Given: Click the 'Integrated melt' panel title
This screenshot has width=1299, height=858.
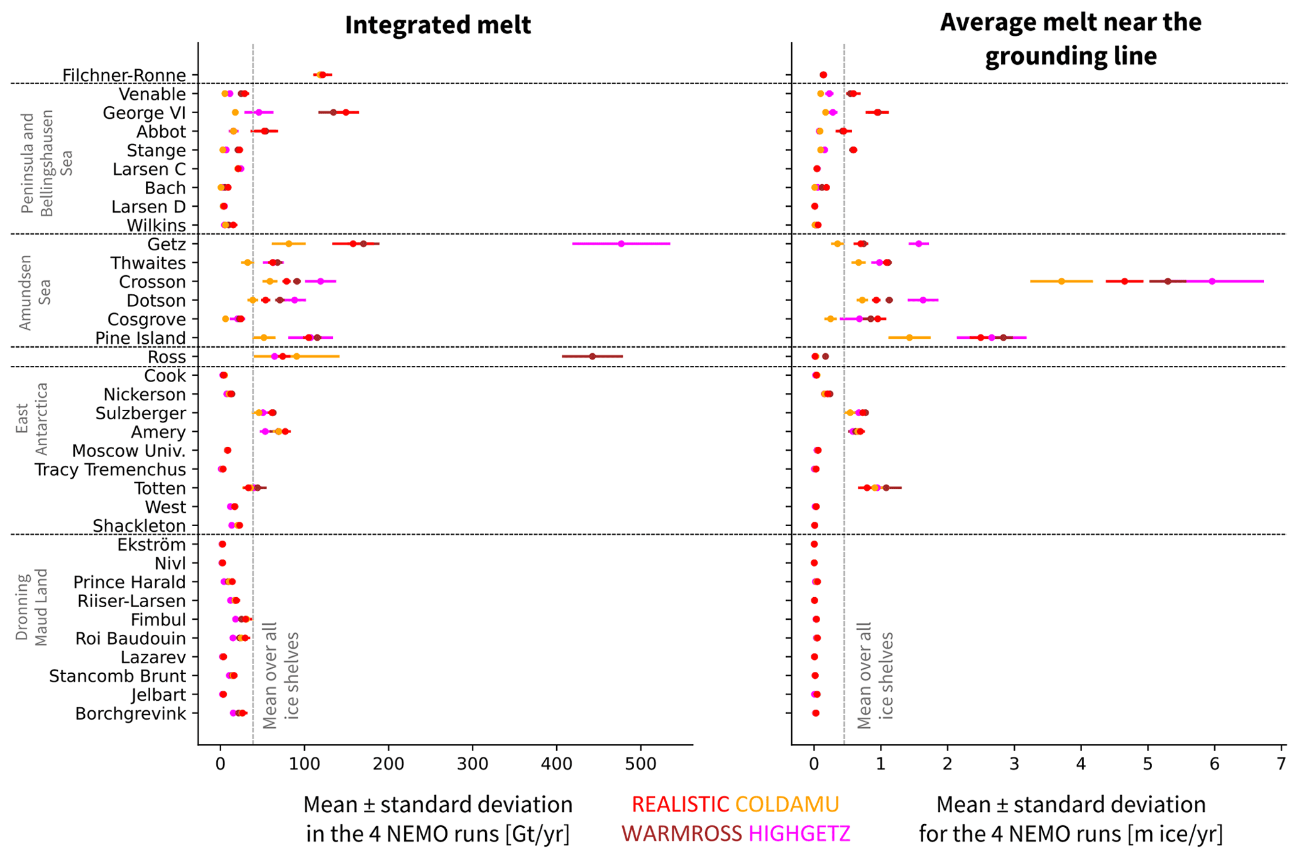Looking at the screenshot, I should [438, 25].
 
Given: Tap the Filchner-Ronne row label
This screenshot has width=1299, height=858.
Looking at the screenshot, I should [124, 75].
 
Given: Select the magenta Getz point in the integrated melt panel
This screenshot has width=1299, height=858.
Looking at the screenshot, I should [621, 244].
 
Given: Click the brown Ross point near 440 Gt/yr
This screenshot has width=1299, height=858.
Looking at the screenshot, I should [592, 356].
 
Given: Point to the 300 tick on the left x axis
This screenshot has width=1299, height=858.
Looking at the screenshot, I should [473, 764].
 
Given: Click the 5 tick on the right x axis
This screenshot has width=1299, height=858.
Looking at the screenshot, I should [1148, 764].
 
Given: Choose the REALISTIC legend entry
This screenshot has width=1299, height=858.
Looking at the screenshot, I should [680, 805].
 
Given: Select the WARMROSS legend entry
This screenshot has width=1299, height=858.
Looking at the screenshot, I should [682, 833].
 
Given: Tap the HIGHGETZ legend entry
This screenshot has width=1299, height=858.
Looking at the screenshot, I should [799, 833].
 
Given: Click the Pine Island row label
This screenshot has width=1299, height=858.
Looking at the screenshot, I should [140, 338].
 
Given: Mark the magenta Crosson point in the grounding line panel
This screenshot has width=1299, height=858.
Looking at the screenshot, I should [1212, 282].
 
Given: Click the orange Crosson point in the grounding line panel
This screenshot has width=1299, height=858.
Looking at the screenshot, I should [1061, 282].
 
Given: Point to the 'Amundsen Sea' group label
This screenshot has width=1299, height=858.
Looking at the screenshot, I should [35, 292].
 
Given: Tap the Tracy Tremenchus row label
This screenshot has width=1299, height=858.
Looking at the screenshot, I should [110, 470].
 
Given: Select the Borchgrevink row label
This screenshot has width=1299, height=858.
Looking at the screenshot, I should [130, 714].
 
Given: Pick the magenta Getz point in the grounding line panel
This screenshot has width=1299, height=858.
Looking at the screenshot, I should [919, 244].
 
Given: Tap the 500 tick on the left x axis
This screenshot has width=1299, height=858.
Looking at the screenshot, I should [641, 764].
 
